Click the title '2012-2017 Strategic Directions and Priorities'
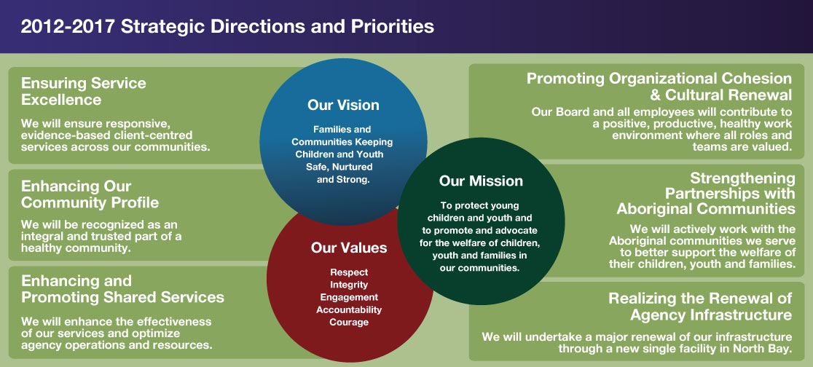(x=227, y=26)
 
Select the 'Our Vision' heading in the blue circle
(x=343, y=106)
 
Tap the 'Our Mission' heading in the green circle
(x=481, y=181)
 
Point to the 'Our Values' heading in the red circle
(x=349, y=248)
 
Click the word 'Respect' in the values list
(x=349, y=272)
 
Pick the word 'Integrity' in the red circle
(x=349, y=285)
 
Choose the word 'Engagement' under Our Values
(x=349, y=298)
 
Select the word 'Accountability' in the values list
(x=349, y=310)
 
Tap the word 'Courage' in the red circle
(x=349, y=323)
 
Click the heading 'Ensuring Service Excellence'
(x=84, y=91)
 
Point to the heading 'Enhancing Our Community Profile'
(x=90, y=194)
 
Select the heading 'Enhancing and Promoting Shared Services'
(x=122, y=289)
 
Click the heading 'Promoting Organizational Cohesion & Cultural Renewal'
(x=659, y=87)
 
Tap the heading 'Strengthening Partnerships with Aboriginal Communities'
(x=706, y=194)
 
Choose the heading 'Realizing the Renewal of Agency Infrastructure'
(x=701, y=307)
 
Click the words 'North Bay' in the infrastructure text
(x=763, y=348)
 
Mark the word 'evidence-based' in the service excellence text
(x=61, y=135)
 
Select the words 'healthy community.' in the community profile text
(x=76, y=248)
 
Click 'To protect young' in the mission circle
(x=479, y=206)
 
